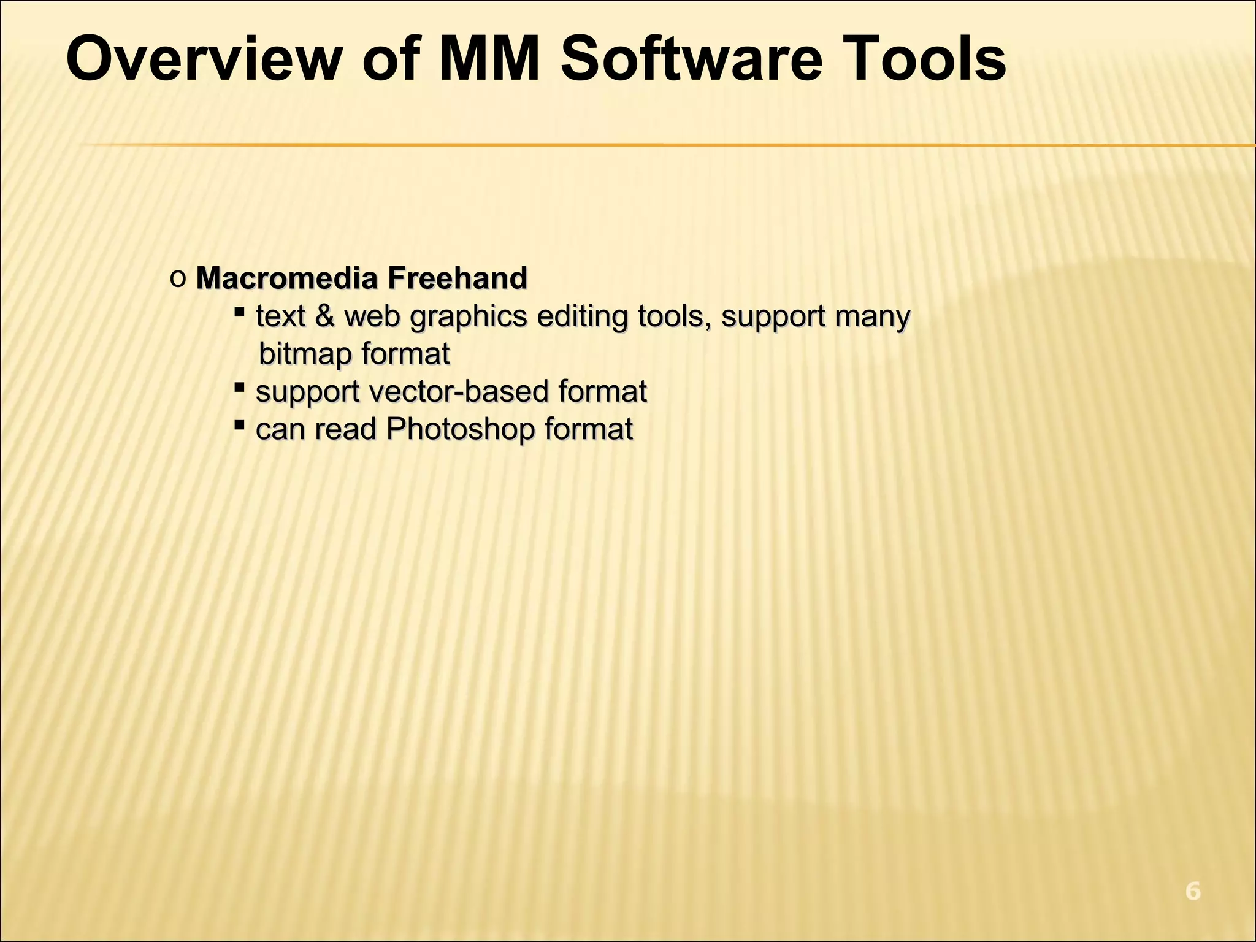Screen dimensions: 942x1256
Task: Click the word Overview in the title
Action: (x=202, y=59)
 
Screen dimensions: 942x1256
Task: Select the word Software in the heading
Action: (x=691, y=59)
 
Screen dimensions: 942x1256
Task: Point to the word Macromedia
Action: (x=286, y=278)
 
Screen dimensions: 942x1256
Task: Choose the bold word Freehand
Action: (x=457, y=278)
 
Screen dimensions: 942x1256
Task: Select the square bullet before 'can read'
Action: (x=240, y=424)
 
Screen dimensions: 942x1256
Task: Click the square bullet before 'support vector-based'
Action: (x=240, y=387)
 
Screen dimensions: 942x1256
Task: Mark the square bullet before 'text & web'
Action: (x=240, y=312)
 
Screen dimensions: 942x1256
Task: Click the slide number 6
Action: (x=1192, y=891)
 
